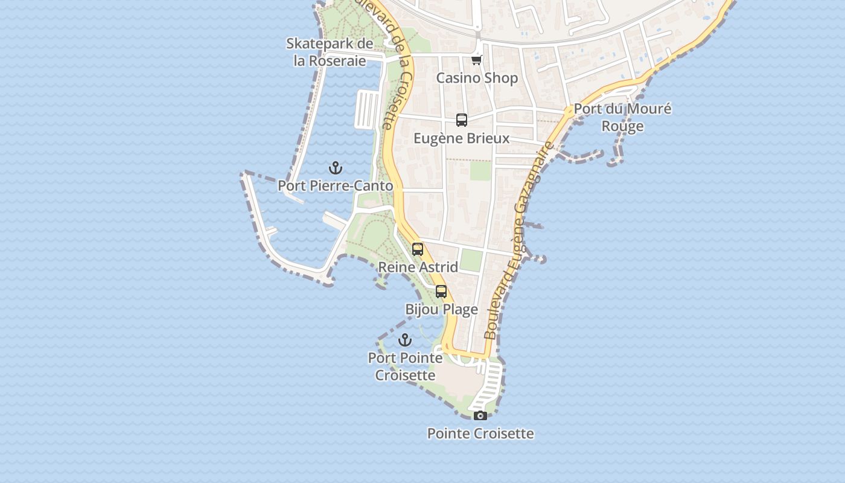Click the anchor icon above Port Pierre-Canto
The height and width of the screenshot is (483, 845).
pos(336,168)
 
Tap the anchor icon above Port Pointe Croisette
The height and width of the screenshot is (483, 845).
pos(405,340)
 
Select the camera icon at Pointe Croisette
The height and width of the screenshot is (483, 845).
pos(480,415)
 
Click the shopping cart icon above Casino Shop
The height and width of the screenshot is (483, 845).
pos(477,60)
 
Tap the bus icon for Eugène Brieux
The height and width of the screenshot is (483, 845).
pos(462,120)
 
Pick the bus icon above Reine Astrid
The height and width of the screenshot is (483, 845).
pos(418,249)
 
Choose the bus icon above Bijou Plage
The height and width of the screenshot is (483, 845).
pos(441,292)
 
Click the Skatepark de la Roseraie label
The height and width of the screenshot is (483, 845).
pos(330,52)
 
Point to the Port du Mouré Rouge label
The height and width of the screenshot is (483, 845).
pos(622,117)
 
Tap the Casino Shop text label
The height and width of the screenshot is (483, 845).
pos(477,78)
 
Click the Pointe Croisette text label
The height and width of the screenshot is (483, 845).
pos(480,433)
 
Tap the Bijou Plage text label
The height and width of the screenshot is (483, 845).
pos(441,310)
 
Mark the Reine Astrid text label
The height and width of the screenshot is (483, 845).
pos(418,267)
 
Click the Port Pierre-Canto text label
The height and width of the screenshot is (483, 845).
pos(336,186)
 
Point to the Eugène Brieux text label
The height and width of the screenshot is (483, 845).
pos(462,138)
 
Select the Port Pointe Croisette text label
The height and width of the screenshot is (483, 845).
pos(405,366)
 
